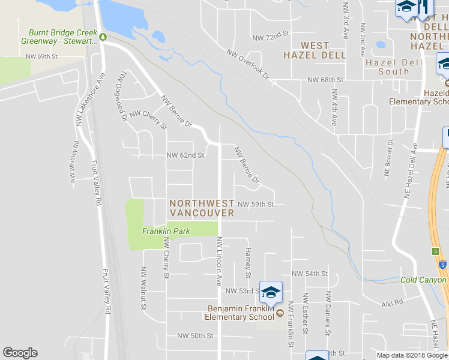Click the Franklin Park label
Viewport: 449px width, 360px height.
tap(165, 231)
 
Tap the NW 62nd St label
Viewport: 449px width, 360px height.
tap(185, 155)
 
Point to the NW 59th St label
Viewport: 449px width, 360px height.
tap(256, 205)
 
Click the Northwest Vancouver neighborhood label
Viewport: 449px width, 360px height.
tap(202, 208)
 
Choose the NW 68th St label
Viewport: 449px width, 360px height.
tap(325, 80)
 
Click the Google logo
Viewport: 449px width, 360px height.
tap(20, 353)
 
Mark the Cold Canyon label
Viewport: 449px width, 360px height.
tap(424, 280)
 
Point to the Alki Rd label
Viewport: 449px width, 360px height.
tap(391, 305)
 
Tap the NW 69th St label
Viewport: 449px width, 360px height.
tap(41, 56)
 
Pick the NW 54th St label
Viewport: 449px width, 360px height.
tap(309, 274)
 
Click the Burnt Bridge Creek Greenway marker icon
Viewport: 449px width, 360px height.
tap(103, 37)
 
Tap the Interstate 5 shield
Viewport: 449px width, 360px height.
tap(442, 265)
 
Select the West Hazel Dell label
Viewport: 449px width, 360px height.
tap(315, 50)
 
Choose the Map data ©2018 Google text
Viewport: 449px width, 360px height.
tap(412, 355)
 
